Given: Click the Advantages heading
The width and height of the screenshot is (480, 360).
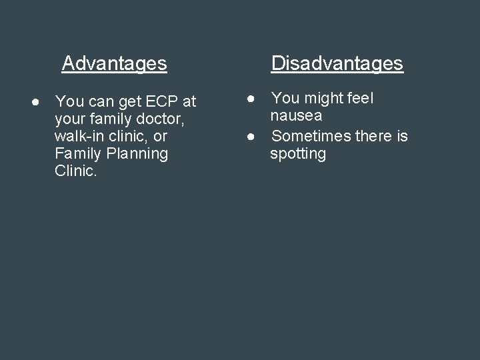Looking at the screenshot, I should click(114, 63).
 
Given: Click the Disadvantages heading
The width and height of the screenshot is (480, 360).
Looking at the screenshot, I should click(337, 63).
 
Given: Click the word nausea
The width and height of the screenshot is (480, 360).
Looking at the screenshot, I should click(296, 116).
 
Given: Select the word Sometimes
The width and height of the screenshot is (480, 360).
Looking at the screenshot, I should click(311, 137).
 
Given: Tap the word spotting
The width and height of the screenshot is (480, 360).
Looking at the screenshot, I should click(298, 155).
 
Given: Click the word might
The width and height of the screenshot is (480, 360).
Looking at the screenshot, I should click(323, 99).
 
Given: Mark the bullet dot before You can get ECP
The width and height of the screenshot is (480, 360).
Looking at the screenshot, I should click(34, 102).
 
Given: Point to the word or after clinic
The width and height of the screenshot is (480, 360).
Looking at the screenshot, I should click(161, 137).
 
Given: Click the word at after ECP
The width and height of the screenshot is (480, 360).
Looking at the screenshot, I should click(189, 102).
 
